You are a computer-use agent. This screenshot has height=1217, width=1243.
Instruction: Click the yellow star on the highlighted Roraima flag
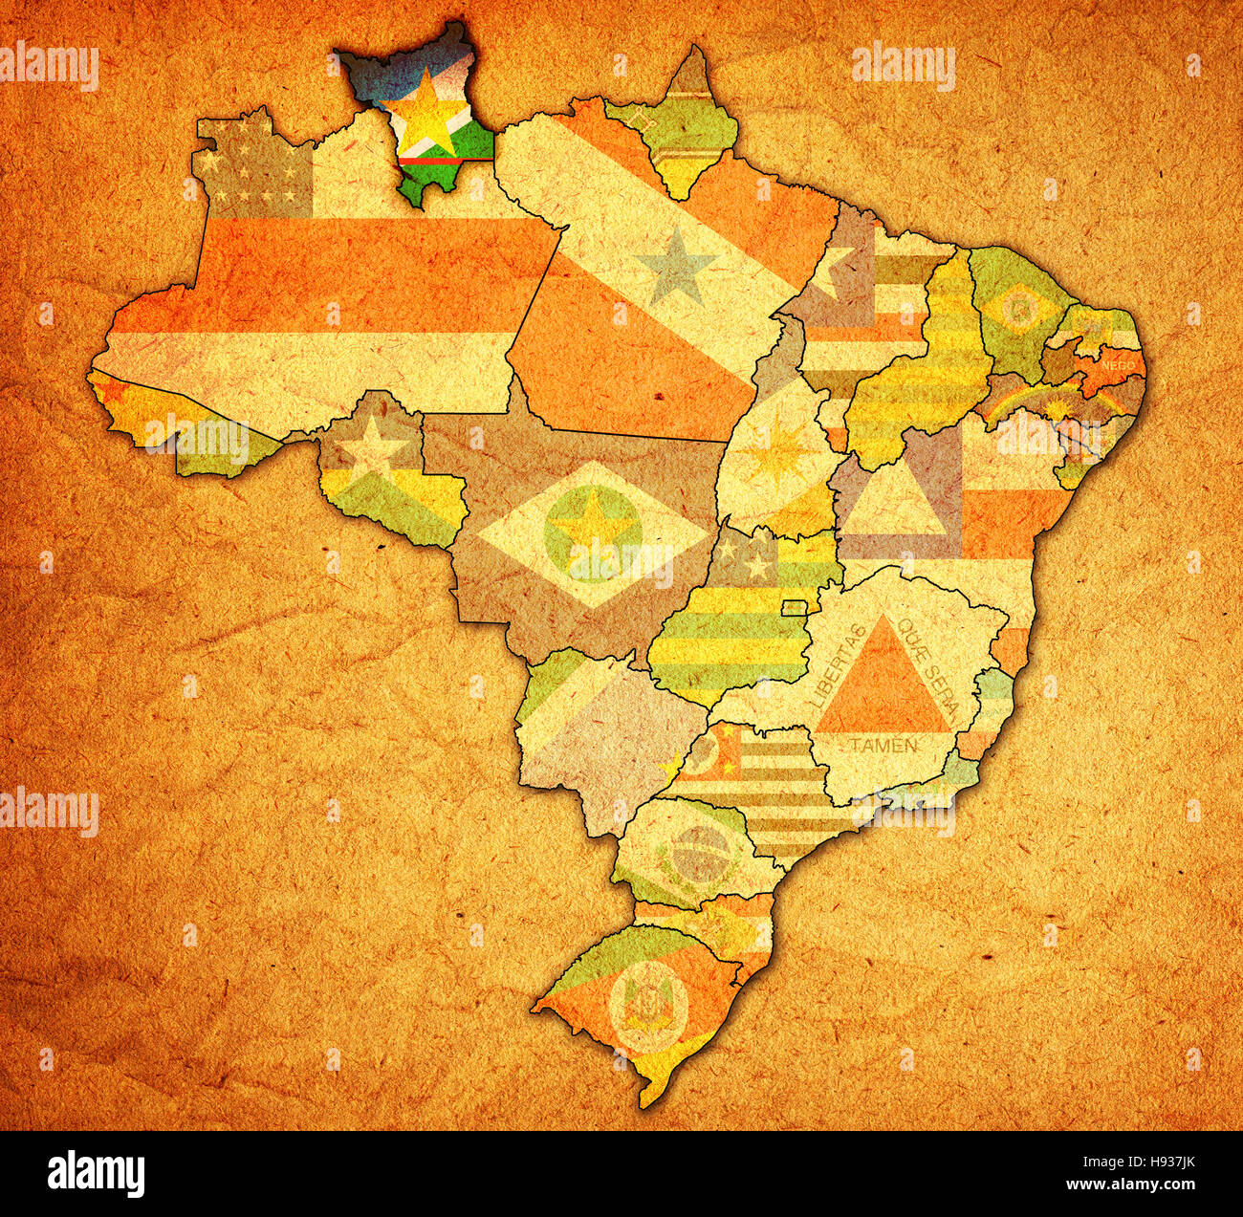[x=420, y=118]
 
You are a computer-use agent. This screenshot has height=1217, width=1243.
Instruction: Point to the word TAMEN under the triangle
[x=883, y=744]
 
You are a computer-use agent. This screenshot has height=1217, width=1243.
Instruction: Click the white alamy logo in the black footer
[x=96, y=1173]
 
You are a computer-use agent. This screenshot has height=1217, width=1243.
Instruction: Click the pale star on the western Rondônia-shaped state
[x=371, y=448]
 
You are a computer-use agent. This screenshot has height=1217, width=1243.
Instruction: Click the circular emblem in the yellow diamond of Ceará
[x=1020, y=308]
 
